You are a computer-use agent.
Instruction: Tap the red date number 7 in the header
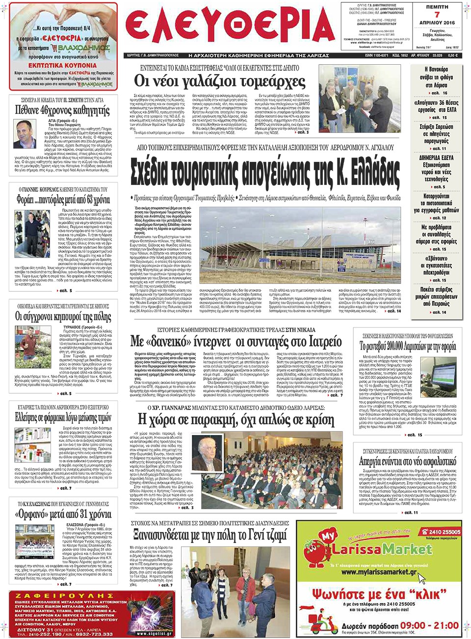pos(437,15)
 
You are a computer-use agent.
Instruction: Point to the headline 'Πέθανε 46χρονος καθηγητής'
pos(62,110)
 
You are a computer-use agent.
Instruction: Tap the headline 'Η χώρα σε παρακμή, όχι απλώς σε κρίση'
pos(235,420)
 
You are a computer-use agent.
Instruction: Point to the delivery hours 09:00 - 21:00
pos(429,625)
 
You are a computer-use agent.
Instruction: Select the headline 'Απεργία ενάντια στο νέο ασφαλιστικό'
pos(407,461)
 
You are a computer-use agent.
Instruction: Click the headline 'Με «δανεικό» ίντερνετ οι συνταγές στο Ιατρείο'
pos(235,341)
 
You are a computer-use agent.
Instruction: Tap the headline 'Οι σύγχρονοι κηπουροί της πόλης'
pos(62,316)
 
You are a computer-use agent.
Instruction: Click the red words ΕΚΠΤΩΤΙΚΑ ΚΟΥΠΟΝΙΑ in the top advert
pos(62,65)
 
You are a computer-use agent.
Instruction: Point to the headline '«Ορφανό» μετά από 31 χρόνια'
pos(62,514)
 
